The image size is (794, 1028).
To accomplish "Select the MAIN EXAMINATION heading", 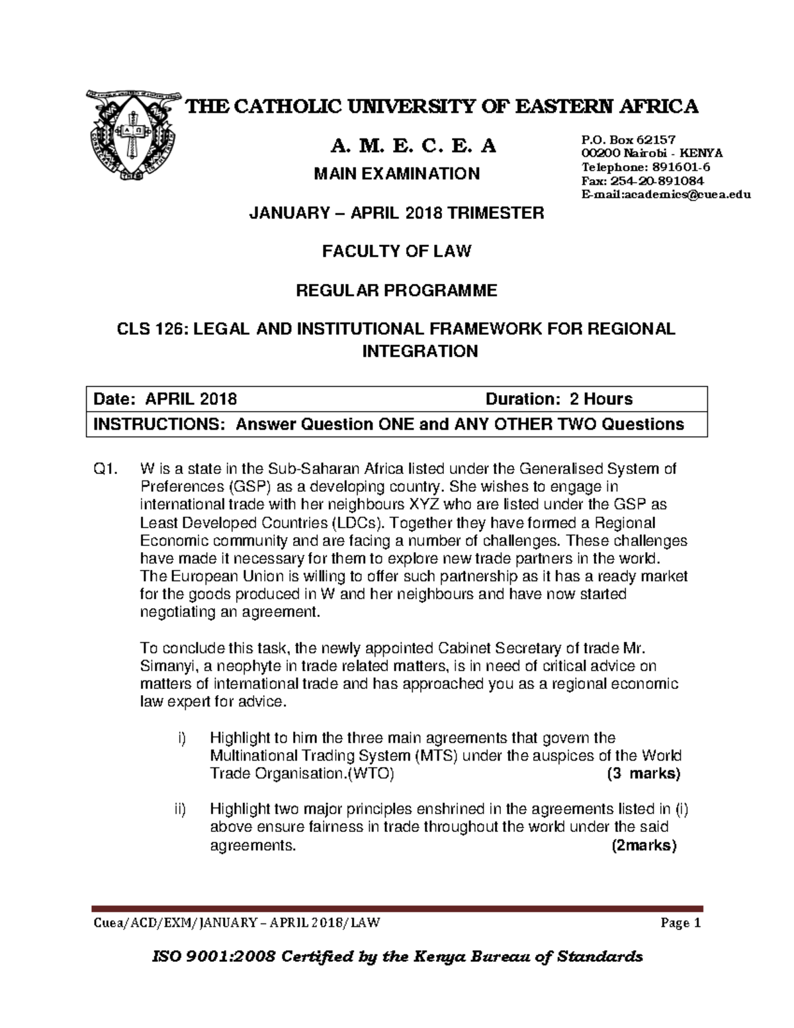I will click(x=396, y=174).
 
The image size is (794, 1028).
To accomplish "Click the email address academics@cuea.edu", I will click(x=665, y=195).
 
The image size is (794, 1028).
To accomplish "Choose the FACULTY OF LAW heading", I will click(x=396, y=252).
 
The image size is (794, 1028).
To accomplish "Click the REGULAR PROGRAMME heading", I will click(x=396, y=291).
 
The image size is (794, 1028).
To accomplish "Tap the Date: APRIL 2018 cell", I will click(x=165, y=399).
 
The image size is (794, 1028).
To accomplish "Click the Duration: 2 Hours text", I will click(x=558, y=399).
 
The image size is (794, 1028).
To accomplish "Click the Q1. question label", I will click(x=105, y=469).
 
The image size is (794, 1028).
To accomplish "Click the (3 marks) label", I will click(x=643, y=774).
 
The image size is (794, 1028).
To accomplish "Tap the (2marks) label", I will click(x=644, y=845).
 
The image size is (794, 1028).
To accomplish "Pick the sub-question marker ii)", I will click(x=181, y=809).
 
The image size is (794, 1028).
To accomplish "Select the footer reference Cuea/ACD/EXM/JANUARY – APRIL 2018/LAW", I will click(x=236, y=923).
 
